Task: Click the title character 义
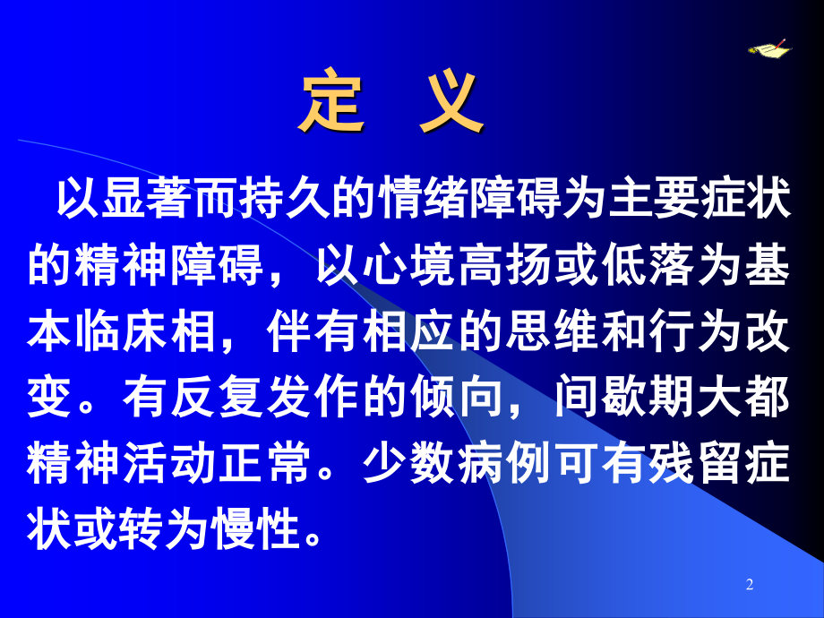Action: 449,104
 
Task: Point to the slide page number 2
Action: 750,585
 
